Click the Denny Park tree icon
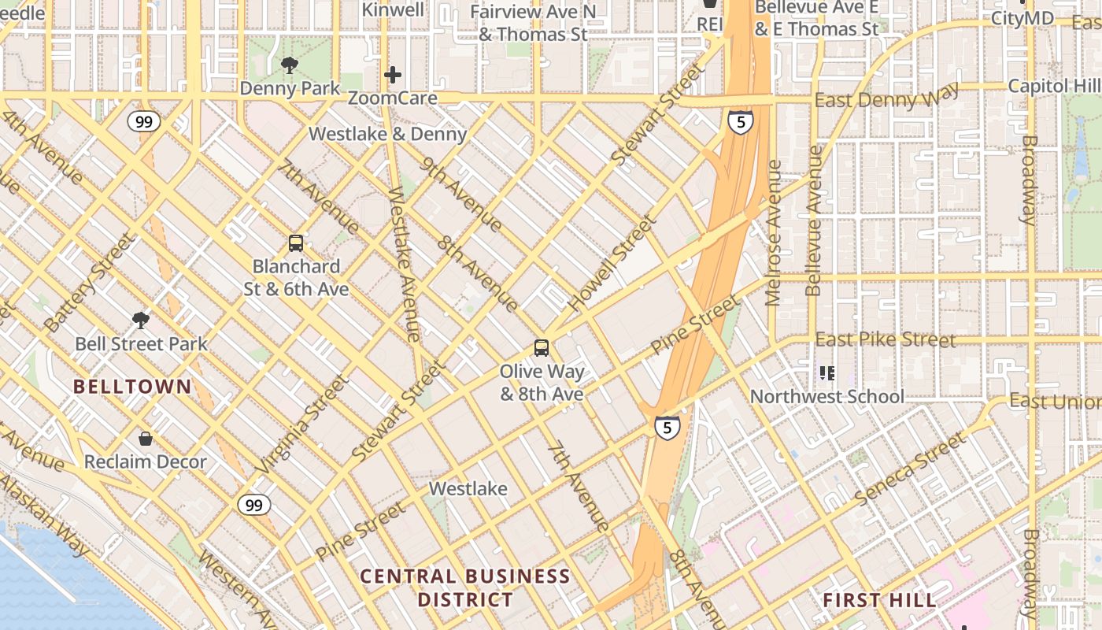click(x=290, y=65)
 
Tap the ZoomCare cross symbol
click(x=393, y=76)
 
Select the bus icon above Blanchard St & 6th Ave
click(x=296, y=243)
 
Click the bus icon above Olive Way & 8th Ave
click(x=542, y=347)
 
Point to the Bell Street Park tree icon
click(x=141, y=320)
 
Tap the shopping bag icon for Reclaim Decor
click(x=145, y=439)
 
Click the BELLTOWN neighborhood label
click(x=132, y=387)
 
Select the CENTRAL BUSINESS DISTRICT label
click(x=465, y=587)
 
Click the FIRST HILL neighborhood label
click(x=879, y=600)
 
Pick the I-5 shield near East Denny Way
click(x=740, y=121)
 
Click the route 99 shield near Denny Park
click(x=144, y=121)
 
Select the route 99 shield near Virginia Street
click(x=253, y=505)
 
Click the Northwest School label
click(x=826, y=396)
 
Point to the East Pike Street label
click(x=886, y=339)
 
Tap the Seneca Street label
click(x=909, y=469)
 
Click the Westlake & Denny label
click(x=387, y=134)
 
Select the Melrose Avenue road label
click(x=774, y=232)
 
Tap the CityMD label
click(x=1022, y=18)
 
